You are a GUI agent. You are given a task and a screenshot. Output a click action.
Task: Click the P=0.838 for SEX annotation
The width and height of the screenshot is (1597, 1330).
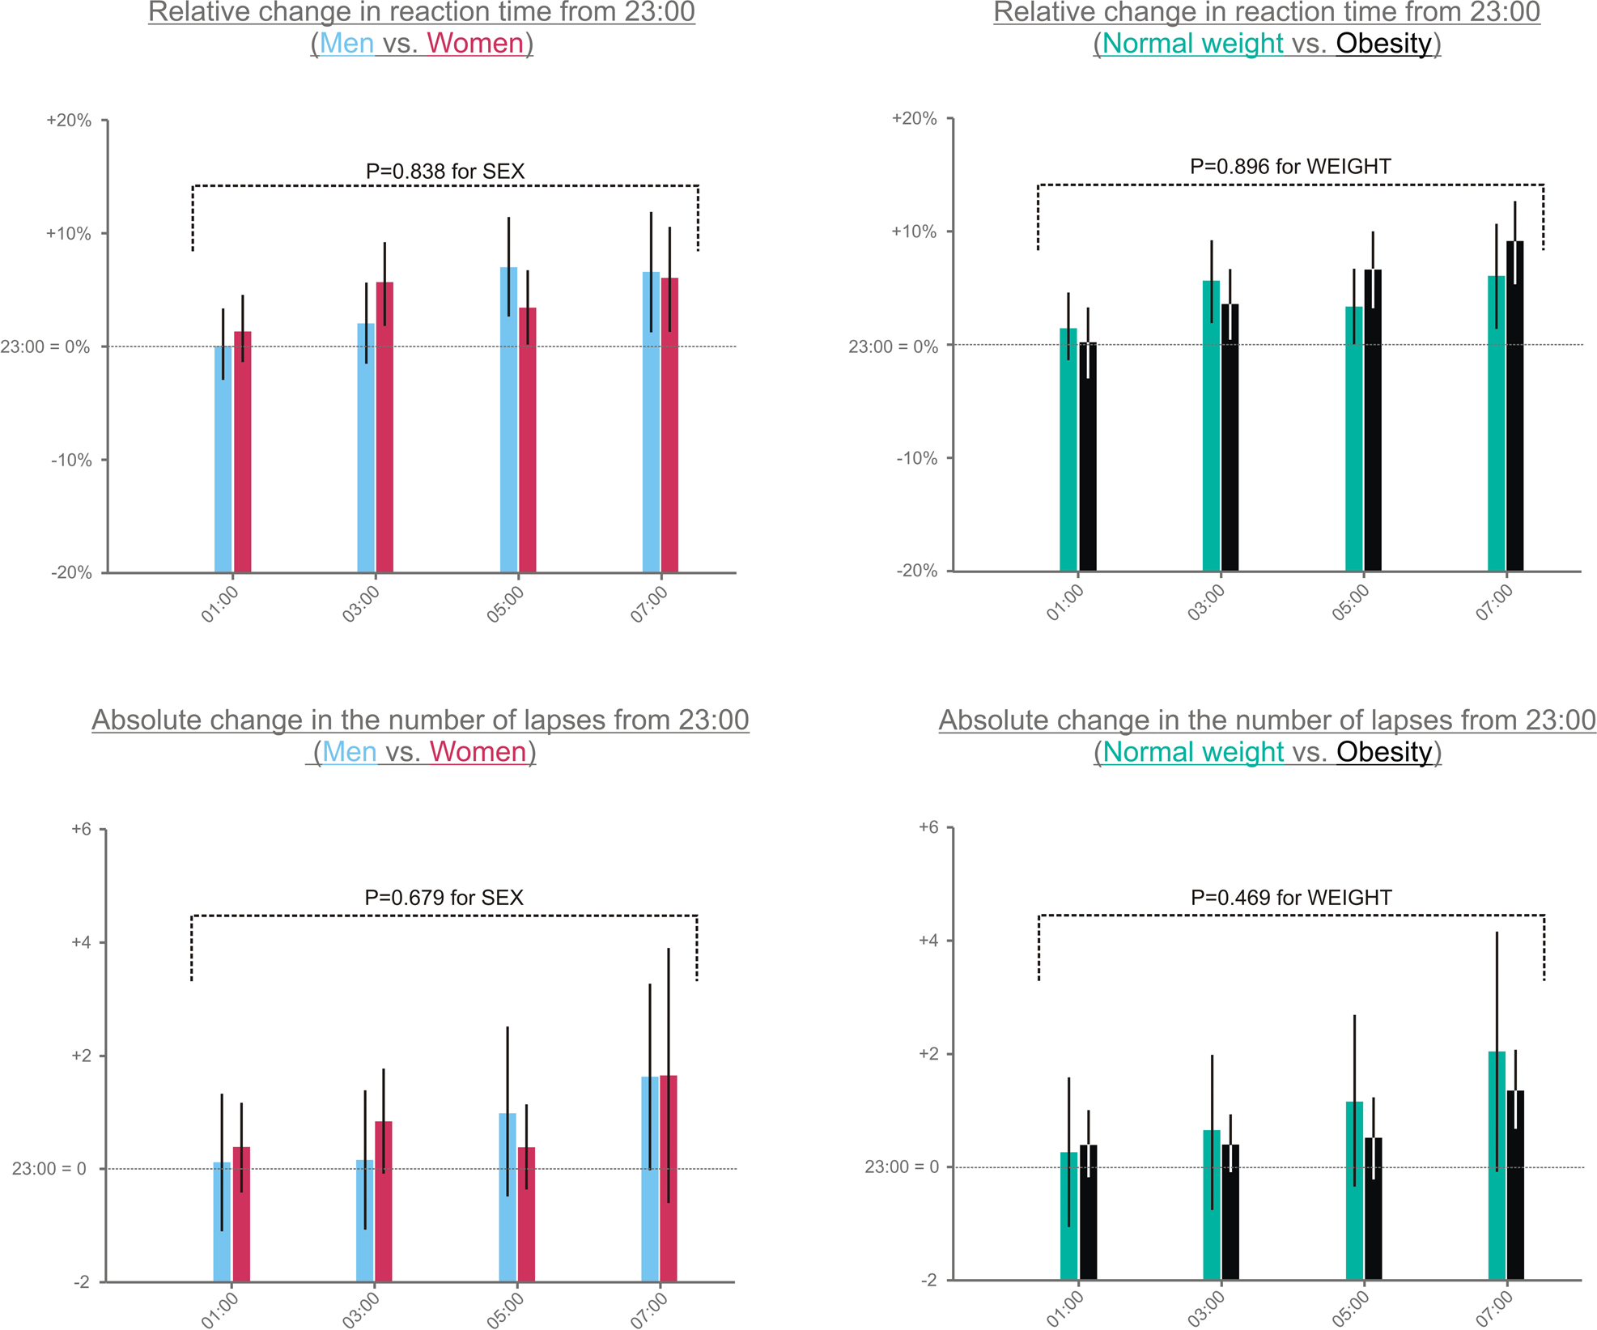445,172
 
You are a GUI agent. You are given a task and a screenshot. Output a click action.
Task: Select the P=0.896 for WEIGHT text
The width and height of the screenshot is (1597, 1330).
1290,167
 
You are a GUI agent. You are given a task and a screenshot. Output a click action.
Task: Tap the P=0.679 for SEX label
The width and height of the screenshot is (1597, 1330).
444,898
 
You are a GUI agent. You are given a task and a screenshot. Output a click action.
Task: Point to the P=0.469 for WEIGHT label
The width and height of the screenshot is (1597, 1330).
1291,898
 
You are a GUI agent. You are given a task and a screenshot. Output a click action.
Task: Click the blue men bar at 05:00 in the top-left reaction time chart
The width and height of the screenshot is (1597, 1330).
508,421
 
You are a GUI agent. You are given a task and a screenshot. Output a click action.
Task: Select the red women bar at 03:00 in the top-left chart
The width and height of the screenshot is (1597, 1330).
384,429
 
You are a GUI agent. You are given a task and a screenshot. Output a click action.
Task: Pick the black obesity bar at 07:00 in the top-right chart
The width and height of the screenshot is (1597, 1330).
1514,405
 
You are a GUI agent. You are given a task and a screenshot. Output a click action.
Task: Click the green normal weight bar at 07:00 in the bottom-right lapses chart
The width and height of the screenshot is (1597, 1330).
1497,1166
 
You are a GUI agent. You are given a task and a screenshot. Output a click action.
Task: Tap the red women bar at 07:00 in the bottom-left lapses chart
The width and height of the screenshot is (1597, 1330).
669,1178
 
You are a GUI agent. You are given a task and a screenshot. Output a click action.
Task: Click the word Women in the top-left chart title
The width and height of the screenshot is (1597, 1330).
475,43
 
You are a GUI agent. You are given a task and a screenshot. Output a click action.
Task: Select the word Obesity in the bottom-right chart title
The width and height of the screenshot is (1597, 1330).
1384,752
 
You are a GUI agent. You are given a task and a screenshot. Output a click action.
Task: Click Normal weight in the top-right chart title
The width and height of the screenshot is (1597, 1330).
1192,43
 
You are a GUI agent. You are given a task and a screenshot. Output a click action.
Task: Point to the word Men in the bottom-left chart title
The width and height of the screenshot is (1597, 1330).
349,752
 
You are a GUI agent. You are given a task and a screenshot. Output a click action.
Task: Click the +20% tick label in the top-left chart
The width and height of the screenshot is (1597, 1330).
69,121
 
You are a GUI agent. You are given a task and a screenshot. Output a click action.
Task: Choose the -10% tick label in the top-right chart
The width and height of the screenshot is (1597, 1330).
916,458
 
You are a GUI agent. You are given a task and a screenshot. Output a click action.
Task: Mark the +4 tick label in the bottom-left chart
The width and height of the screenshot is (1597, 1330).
81,942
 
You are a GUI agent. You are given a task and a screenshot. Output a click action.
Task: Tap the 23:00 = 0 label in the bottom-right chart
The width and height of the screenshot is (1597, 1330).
902,1166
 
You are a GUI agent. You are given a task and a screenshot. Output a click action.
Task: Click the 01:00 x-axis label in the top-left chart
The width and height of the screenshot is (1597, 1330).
219,605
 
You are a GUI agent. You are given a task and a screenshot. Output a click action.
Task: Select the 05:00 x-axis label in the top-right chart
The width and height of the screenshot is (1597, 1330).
1350,603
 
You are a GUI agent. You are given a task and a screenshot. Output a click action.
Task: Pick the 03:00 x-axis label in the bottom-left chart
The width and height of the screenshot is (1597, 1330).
360,1311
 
